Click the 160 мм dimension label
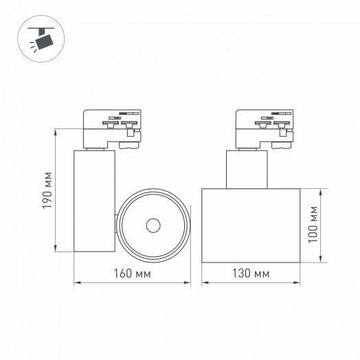pyautogui.click(x=131, y=273)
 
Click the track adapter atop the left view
pyautogui.click(x=112, y=128)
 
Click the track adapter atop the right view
pyautogui.click(x=263, y=128)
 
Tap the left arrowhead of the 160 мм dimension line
pyautogui.click(x=76, y=282)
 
